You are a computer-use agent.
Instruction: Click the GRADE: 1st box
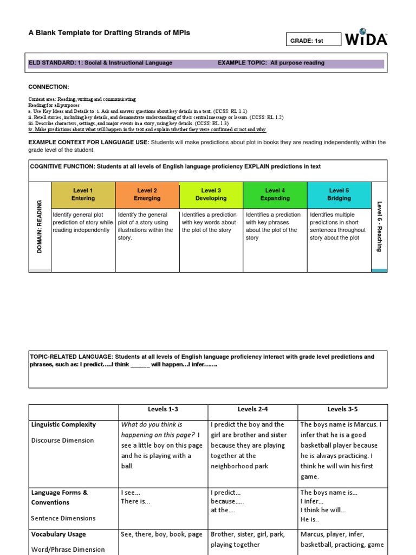point(314,40)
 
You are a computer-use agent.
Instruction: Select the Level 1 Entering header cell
point(83,195)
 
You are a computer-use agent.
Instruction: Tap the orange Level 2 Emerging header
point(147,195)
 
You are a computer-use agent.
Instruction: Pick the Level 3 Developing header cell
point(211,195)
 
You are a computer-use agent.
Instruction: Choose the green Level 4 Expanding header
point(275,195)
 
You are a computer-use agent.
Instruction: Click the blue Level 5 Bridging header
point(339,195)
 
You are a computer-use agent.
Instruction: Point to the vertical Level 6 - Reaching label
point(379,226)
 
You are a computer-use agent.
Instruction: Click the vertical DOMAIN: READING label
point(40,227)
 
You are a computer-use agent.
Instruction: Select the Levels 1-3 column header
point(163,409)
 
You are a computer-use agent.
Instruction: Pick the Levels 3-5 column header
point(342,409)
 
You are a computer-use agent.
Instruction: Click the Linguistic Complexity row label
point(63,424)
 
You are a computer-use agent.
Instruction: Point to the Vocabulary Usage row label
point(58,534)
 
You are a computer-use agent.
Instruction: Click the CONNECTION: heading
point(49,87)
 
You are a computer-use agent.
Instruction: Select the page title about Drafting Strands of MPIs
point(109,33)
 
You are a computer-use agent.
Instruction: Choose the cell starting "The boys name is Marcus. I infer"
point(342,450)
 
